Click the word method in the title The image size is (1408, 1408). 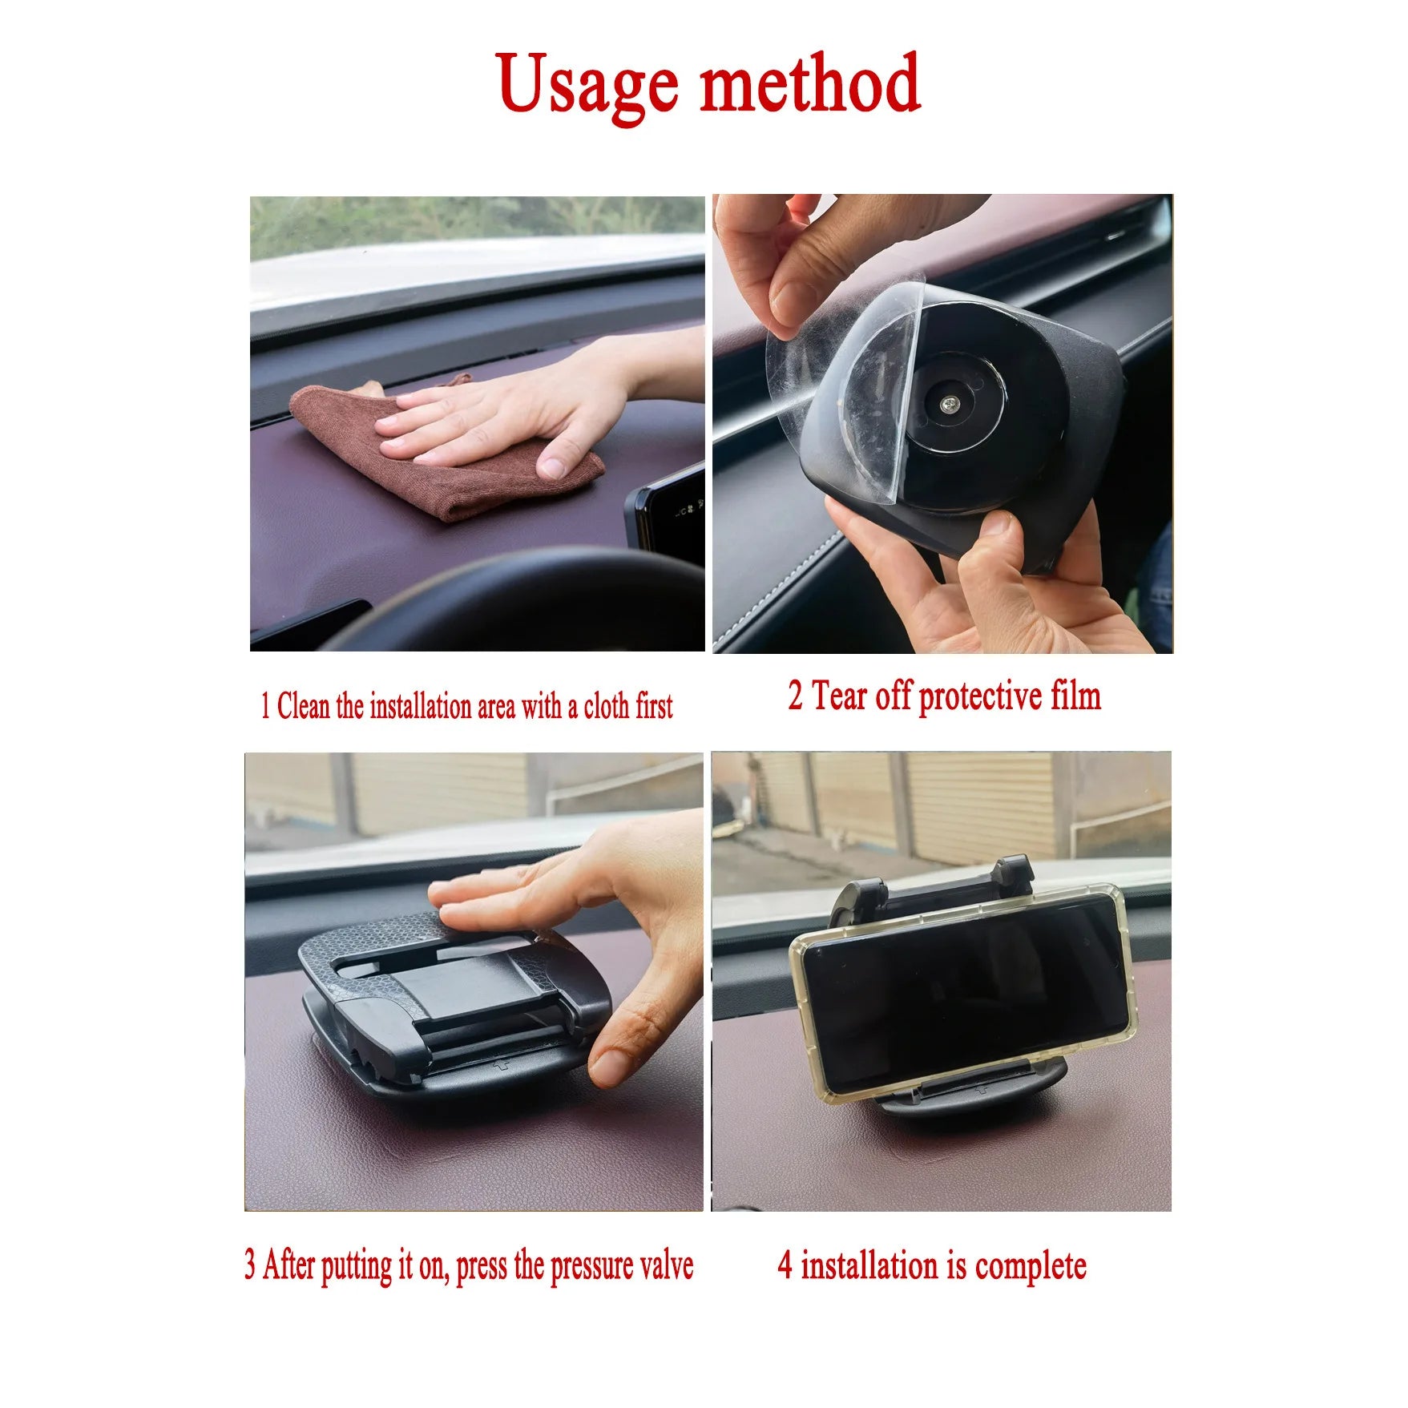click(810, 82)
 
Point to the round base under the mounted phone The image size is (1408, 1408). click(974, 1102)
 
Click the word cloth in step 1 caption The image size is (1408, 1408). click(608, 707)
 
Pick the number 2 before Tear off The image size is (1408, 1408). click(795, 696)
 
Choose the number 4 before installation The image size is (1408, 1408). click(785, 1266)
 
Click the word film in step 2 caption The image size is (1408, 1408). click(1076, 695)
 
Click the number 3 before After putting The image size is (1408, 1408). click(251, 1266)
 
